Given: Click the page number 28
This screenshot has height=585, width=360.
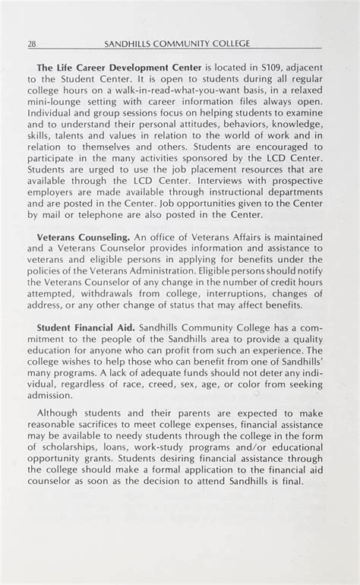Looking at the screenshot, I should click(31, 43).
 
